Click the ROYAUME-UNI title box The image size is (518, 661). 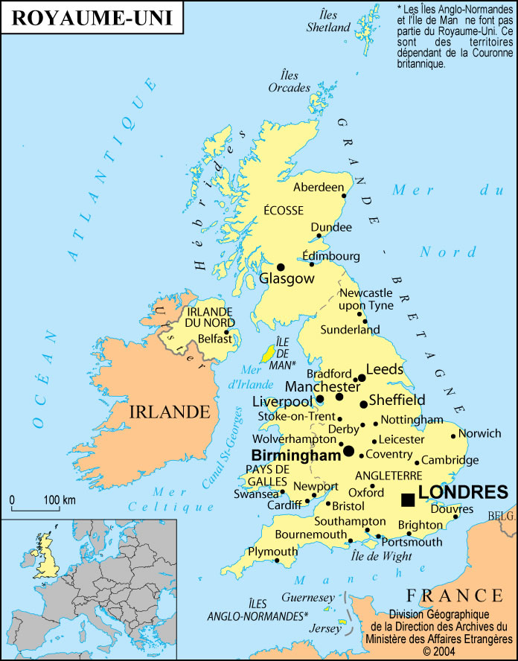[x=92, y=18]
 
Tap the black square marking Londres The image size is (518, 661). [x=408, y=499]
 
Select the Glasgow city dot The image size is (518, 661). [x=281, y=266]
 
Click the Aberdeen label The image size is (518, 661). [x=319, y=188]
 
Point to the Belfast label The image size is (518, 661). [x=216, y=339]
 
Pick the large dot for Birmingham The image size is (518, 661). [x=348, y=451]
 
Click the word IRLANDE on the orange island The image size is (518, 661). [x=169, y=412]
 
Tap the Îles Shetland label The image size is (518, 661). [x=328, y=22]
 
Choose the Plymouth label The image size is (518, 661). [x=271, y=552]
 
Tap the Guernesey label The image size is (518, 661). [x=308, y=597]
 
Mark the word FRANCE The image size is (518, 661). [x=454, y=595]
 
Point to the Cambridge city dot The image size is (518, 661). [x=417, y=462]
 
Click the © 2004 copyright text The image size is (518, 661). [x=438, y=650]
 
